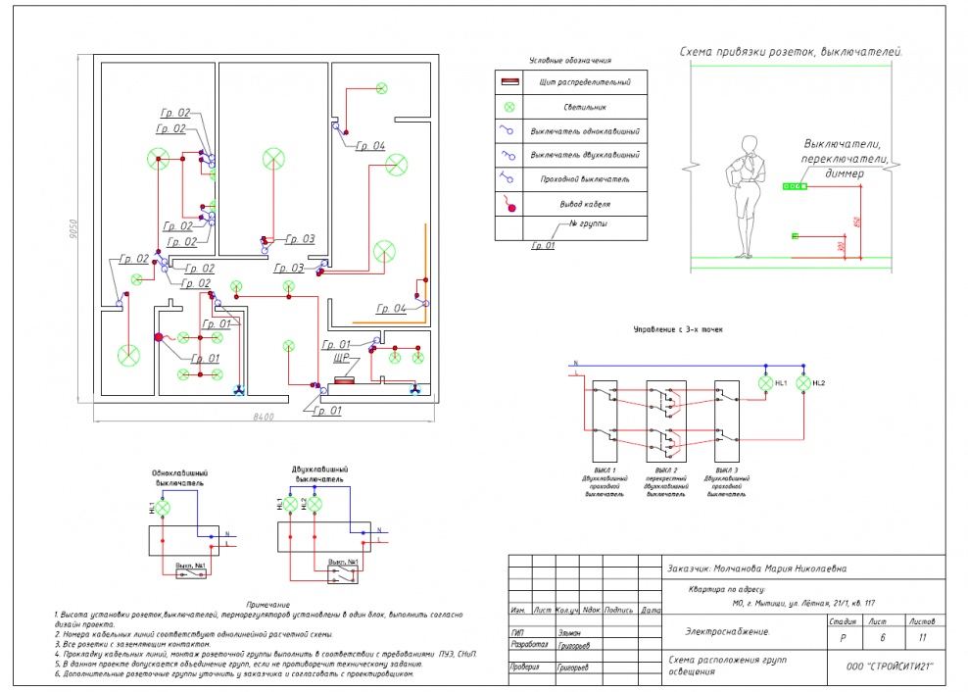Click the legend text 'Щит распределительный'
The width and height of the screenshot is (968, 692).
(585, 82)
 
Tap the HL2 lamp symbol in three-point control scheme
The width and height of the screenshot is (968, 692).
(804, 383)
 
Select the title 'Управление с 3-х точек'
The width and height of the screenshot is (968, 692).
(678, 331)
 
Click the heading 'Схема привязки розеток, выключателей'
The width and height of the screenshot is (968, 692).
(791, 51)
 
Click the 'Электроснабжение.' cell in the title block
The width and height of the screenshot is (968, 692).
(727, 632)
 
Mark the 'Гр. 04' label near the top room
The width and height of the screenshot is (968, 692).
(369, 146)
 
